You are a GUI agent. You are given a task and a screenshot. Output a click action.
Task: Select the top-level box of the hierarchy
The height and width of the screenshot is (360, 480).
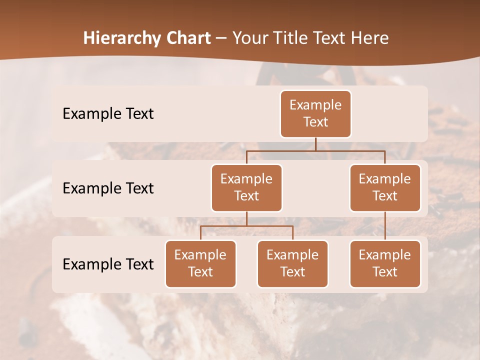[315, 114]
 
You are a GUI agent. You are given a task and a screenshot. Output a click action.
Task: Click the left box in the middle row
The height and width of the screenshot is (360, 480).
[246, 188]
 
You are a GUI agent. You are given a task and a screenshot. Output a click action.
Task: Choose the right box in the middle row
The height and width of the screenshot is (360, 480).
[385, 188]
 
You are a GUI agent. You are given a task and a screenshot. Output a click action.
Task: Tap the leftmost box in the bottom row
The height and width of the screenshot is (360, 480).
[200, 264]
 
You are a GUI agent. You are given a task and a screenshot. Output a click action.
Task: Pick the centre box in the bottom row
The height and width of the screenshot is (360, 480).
[292, 264]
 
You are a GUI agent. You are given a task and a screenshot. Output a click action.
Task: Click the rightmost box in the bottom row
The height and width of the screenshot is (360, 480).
[385, 264]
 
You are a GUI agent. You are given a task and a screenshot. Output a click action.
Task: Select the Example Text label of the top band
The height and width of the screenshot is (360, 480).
[108, 114]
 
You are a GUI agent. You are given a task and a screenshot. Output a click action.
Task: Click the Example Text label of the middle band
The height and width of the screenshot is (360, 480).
[108, 188]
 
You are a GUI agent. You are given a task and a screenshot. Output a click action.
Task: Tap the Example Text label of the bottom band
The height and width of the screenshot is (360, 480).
[108, 264]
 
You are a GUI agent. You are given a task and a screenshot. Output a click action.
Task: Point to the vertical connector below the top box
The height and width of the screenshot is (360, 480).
[315, 144]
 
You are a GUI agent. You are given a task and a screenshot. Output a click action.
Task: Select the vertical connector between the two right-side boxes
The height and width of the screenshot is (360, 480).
[385, 226]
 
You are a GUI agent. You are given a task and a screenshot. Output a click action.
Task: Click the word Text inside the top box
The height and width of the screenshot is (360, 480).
[315, 122]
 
